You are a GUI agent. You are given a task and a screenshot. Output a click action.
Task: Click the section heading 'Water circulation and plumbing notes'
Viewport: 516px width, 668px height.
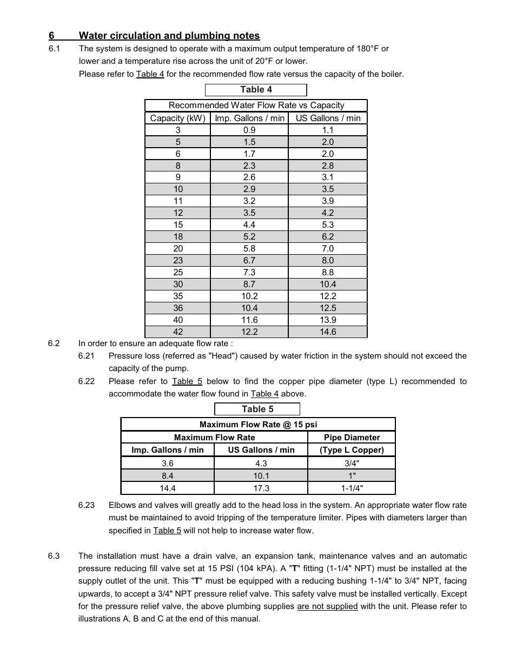[169, 36]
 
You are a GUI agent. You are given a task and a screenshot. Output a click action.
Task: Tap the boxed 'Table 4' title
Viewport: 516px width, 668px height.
[256, 90]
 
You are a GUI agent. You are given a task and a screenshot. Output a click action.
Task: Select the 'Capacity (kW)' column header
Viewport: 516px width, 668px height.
[177, 118]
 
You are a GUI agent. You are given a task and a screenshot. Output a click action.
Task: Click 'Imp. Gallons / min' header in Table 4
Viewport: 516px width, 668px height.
[249, 118]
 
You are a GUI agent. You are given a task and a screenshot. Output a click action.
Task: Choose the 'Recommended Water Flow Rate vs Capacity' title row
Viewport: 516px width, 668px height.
[256, 105]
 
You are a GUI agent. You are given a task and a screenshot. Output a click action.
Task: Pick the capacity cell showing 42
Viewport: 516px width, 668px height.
[178, 332]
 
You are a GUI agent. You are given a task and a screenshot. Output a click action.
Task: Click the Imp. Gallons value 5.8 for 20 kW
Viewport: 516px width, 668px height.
[249, 249]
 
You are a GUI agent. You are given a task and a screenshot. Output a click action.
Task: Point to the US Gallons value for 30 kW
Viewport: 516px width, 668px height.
[328, 285]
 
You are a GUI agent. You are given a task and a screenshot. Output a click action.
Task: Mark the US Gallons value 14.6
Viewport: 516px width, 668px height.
[328, 332]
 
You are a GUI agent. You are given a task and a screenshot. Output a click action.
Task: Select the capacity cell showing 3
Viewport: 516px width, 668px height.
[178, 130]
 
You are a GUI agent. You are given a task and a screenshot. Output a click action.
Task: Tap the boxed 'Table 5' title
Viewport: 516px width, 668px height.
[257, 409]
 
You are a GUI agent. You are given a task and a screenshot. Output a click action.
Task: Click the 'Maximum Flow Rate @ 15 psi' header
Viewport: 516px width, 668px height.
[258, 425]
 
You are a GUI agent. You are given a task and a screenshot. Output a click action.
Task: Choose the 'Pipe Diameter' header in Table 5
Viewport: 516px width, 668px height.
[352, 438]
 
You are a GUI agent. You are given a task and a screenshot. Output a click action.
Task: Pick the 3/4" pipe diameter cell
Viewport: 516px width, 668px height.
[352, 464]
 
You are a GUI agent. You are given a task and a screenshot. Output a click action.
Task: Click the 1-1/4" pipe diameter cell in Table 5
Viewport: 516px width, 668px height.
[352, 488]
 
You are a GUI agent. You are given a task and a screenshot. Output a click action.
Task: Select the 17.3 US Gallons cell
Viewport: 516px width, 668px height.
[261, 488]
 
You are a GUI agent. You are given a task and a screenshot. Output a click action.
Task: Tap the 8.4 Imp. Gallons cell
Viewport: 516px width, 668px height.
[168, 476]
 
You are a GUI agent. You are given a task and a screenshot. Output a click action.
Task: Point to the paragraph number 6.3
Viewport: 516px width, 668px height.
[54, 556]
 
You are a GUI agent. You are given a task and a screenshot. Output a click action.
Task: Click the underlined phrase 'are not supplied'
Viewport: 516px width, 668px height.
[327, 606]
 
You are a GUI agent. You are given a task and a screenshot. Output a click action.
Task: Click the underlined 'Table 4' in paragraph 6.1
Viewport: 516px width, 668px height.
[150, 74]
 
